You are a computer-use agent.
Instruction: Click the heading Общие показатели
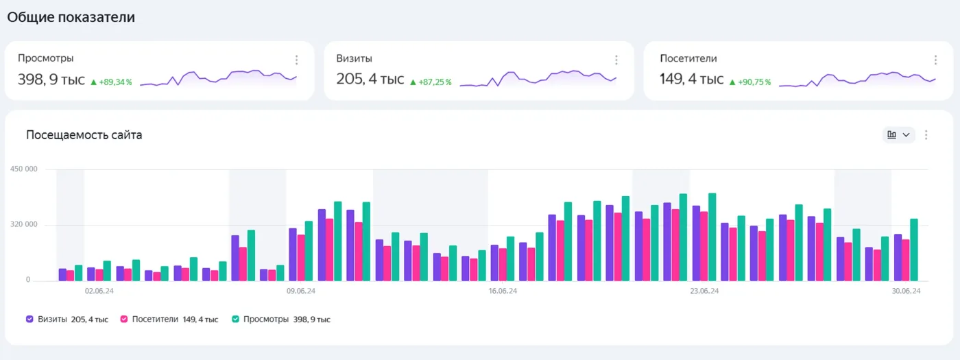(71, 17)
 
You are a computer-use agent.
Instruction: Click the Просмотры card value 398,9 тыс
(51, 80)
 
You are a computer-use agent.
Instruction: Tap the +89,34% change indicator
(111, 82)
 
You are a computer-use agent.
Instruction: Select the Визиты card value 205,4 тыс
(370, 79)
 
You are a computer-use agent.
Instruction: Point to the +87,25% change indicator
(431, 82)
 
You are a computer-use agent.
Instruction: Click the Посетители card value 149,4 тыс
(692, 79)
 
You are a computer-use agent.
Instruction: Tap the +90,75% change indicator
(750, 82)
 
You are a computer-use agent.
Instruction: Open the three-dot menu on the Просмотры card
(296, 60)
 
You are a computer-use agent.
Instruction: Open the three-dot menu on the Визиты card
(616, 60)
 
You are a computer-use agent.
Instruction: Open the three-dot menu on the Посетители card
(935, 60)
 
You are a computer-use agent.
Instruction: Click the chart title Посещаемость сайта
(84, 135)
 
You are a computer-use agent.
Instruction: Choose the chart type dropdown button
(899, 135)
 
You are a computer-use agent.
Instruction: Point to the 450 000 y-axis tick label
(24, 169)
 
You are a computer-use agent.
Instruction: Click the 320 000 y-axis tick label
(24, 224)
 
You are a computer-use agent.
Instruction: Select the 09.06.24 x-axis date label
(301, 291)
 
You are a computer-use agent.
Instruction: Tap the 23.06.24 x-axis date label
(704, 291)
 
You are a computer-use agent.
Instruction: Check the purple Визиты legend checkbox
(29, 320)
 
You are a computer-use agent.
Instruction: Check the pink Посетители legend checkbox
(124, 320)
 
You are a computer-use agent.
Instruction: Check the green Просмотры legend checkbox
(235, 320)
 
